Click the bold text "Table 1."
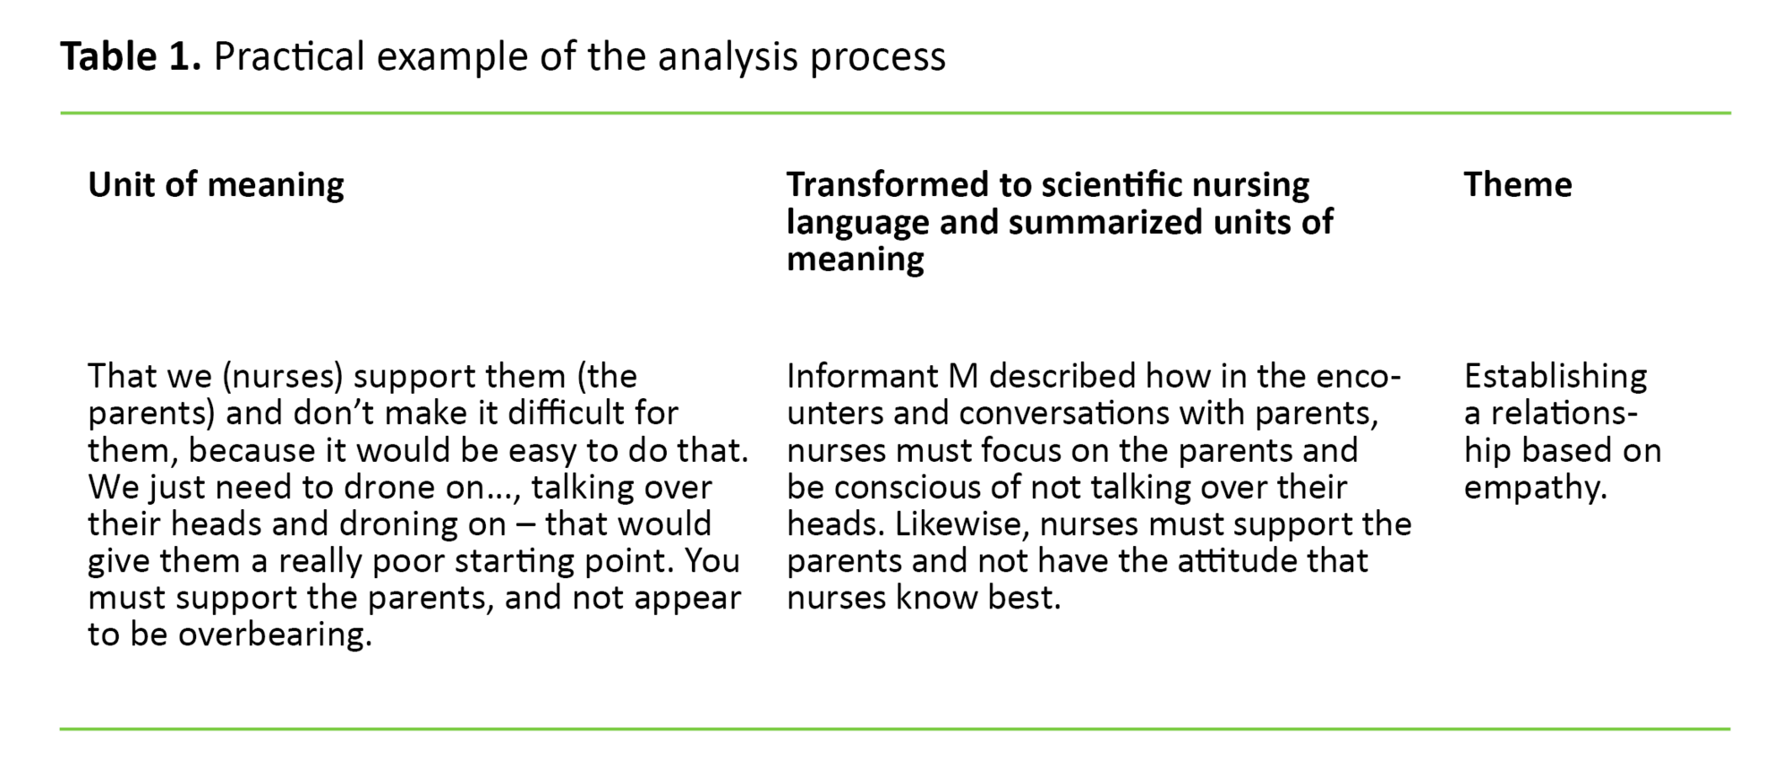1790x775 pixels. (x=131, y=56)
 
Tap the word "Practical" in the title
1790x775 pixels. (x=289, y=56)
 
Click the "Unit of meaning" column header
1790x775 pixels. (x=216, y=184)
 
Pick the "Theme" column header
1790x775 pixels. (x=1518, y=184)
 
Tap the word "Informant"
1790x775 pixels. (x=862, y=376)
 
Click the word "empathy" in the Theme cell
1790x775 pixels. (x=1531, y=488)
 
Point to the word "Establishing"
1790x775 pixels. (x=1556, y=376)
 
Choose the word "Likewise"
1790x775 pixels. (x=957, y=524)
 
